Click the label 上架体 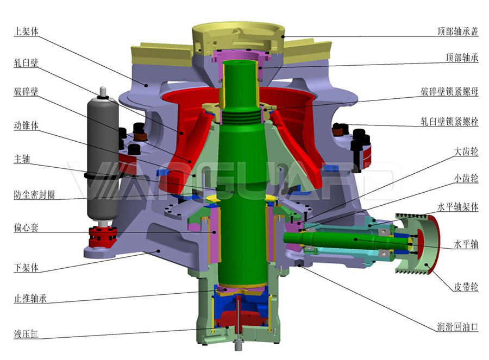click(26, 31)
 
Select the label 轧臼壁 click(26, 62)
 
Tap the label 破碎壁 click(26, 91)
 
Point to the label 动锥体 click(26, 125)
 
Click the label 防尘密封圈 click(34, 195)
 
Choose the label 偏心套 click(26, 227)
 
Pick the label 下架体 click(26, 268)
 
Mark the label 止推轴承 click(30, 298)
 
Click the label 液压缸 click(26, 334)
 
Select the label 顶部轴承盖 click(457, 31)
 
